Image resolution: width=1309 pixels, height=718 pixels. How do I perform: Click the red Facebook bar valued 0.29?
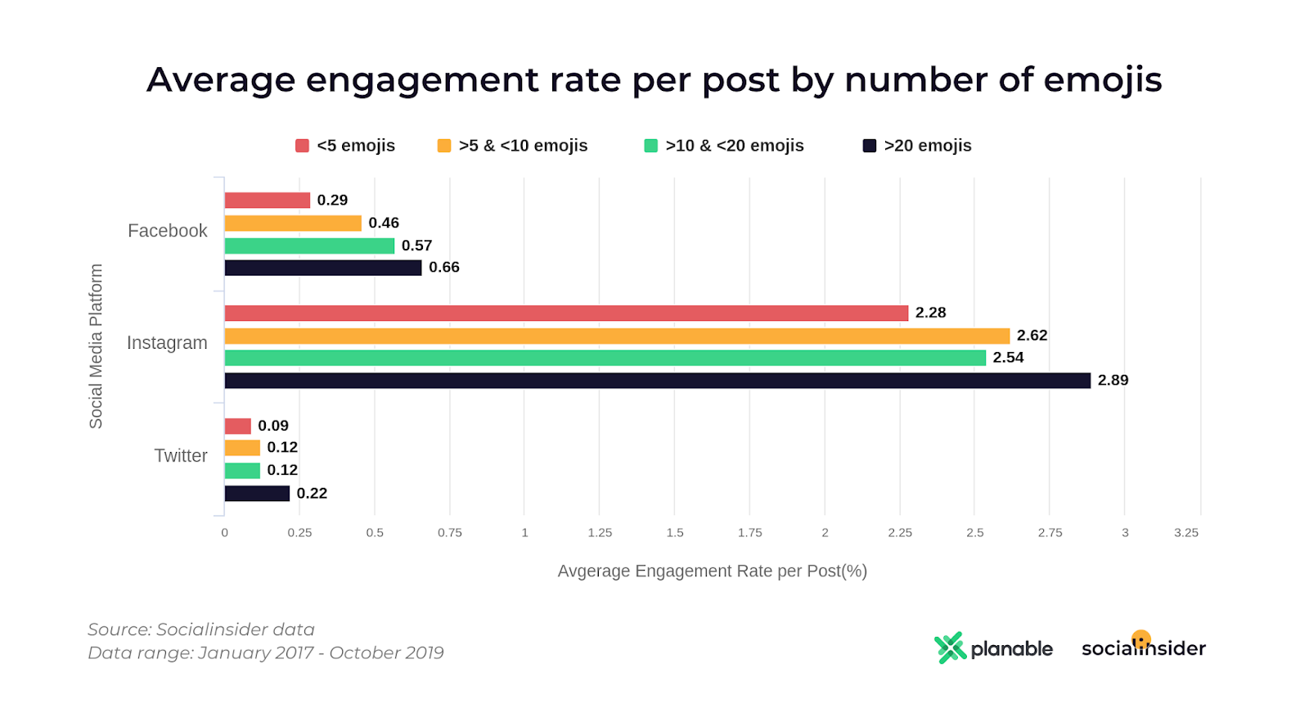(268, 201)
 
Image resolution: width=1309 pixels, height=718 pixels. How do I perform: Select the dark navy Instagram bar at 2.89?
(657, 381)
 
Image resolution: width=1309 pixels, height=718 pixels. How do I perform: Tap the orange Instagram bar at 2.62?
(617, 336)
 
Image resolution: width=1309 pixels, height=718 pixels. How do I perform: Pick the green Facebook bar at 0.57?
(309, 246)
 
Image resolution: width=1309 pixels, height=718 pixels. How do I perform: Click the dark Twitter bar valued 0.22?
(257, 494)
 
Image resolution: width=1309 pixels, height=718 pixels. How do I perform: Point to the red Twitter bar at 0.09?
(238, 426)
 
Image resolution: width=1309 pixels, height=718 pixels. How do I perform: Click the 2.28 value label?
(930, 313)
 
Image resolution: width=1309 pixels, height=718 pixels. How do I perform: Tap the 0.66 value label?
(444, 268)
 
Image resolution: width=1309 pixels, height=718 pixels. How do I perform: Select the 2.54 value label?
(1008, 358)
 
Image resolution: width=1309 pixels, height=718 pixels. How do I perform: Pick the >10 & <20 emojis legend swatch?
(651, 146)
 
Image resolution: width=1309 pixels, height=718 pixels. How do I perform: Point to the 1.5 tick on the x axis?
(675, 533)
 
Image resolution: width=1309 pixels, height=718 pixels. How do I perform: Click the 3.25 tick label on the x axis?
(1186, 533)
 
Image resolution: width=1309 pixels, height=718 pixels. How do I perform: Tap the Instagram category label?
(167, 343)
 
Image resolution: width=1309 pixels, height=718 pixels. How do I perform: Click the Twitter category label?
(181, 456)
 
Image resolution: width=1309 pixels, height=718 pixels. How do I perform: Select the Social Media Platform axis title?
(96, 346)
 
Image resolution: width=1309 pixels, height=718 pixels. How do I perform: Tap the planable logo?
(993, 648)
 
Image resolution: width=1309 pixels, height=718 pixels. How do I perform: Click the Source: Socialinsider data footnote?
(201, 630)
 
